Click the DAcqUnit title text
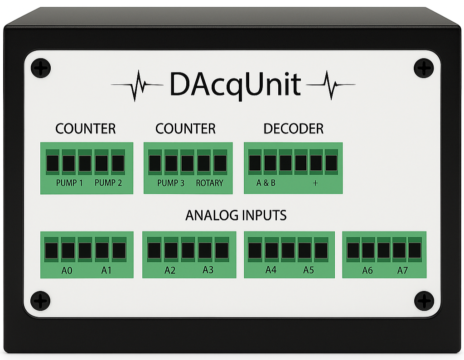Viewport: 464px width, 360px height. tap(235, 84)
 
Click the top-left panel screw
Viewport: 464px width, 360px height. tap(41, 68)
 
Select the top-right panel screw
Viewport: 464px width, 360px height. tap(424, 68)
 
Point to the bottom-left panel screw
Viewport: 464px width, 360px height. tap(40, 301)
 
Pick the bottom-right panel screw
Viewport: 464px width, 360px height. tap(424, 301)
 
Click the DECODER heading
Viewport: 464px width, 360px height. tap(294, 129)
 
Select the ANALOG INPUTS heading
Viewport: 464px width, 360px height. tap(236, 215)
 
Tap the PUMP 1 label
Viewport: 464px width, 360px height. tap(69, 183)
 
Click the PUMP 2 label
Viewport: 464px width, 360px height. tap(108, 183)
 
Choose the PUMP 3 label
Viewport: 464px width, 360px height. tap(170, 183)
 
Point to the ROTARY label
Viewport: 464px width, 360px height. tap(209, 183)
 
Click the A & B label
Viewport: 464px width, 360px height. tap(266, 183)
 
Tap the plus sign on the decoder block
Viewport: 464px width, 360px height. tap(315, 183)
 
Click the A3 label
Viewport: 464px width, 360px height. tap(208, 270)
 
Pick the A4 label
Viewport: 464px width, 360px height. tap(271, 270)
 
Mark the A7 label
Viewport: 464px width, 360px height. tap(403, 271)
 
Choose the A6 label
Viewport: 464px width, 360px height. tap(367, 271)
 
